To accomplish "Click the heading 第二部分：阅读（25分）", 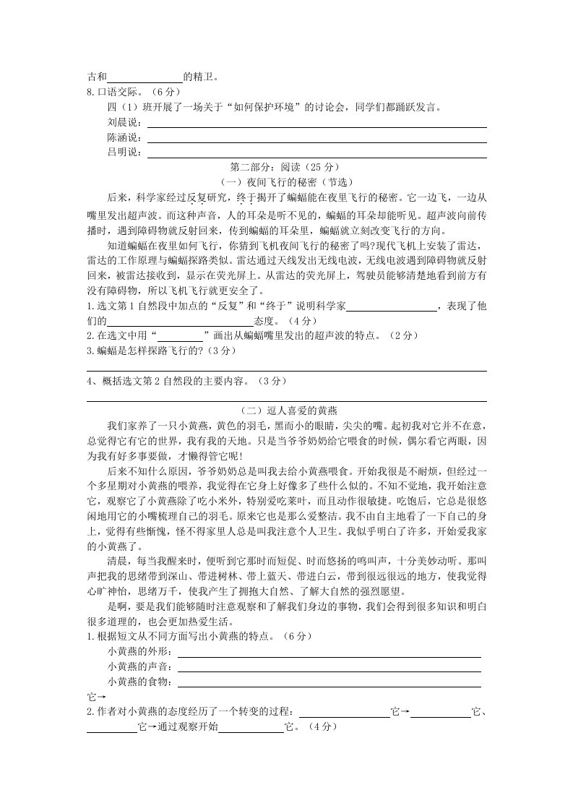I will [286, 168].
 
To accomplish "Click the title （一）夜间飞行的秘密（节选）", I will [286, 182].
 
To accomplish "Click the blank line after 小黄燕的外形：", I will [329, 654].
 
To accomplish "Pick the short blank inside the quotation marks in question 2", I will [180, 337].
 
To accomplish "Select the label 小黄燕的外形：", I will [140, 653].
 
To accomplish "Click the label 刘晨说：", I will [124, 122].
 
